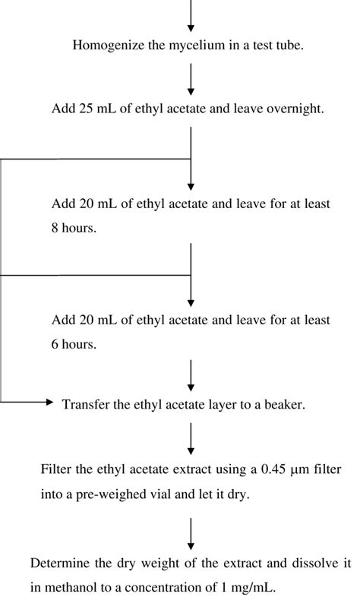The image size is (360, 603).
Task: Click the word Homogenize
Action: click(x=103, y=45)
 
